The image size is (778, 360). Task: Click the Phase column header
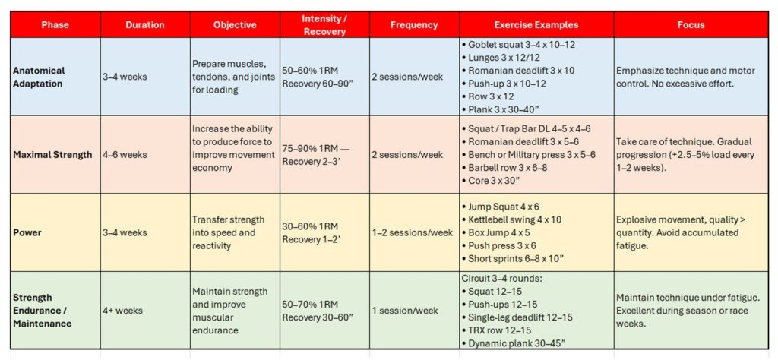pos(55,24)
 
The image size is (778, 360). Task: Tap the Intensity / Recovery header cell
pos(324,25)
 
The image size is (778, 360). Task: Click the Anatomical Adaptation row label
pos(40,77)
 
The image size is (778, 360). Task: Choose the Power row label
pos(27,232)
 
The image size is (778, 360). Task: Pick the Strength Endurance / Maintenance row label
pos(43,311)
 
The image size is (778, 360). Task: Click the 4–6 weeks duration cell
pos(125,155)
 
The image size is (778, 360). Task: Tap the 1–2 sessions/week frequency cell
pos(415,232)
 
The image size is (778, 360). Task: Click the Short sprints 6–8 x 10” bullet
pos(516,258)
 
